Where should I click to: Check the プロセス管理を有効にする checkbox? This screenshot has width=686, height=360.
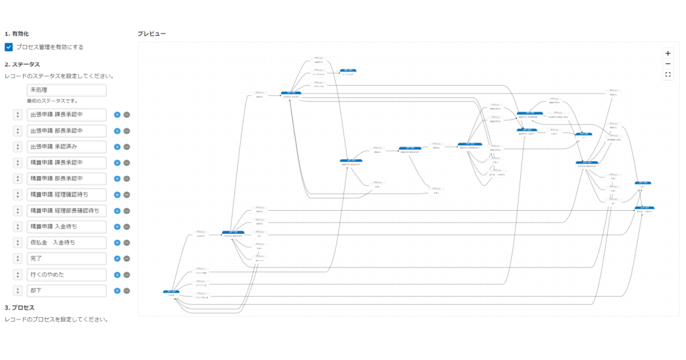click(9, 47)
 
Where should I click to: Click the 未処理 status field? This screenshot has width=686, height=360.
click(66, 90)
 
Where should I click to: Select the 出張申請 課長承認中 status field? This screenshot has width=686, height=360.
click(66, 115)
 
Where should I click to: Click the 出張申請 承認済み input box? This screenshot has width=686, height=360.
click(66, 147)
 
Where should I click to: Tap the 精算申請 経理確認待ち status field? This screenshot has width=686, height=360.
click(66, 195)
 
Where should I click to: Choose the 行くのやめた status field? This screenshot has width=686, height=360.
click(66, 275)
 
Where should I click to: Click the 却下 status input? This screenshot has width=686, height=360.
click(66, 291)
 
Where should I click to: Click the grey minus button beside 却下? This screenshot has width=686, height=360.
click(126, 291)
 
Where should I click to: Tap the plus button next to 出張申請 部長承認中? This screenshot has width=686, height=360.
click(117, 131)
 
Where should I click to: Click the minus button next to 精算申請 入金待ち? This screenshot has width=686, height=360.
click(126, 227)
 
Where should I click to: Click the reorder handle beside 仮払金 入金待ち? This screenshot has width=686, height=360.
click(18, 243)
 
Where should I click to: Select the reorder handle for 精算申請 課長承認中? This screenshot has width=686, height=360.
click(18, 163)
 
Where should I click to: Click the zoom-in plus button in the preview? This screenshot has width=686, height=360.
click(668, 53)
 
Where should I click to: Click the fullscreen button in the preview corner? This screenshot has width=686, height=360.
click(668, 74)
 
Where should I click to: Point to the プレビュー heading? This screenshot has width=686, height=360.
click(151, 34)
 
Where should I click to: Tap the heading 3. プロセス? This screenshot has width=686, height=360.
click(19, 308)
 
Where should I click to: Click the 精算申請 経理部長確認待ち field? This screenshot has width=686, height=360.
click(66, 211)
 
